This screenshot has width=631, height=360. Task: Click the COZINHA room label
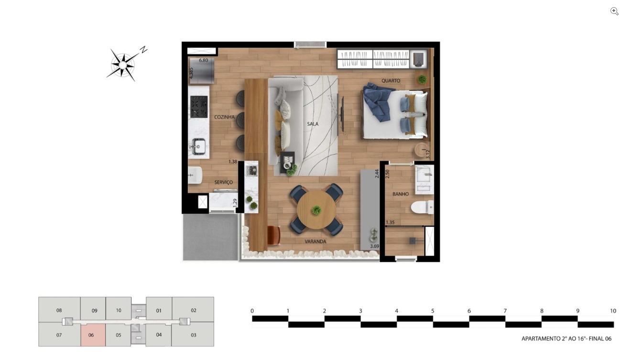224,117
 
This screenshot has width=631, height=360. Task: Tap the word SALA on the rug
313,124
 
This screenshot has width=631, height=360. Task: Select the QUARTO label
391,81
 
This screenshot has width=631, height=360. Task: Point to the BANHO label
401,194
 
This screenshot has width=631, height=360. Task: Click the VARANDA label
315,242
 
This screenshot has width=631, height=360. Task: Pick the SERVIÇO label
224,183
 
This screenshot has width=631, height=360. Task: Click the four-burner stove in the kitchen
199,107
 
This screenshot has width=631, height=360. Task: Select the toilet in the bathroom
422,207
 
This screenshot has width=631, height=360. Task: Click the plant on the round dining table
316,210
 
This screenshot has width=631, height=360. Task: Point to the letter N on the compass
144,50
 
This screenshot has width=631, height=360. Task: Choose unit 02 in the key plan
193,310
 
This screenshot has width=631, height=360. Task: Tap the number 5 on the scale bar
433,311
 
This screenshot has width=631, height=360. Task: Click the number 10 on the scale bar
613,311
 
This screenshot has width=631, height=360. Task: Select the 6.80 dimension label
203,60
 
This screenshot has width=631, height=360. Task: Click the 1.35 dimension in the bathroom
390,222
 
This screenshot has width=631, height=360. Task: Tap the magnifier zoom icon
614,11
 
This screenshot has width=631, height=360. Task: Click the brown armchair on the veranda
273,236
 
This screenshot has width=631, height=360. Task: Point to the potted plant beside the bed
422,79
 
